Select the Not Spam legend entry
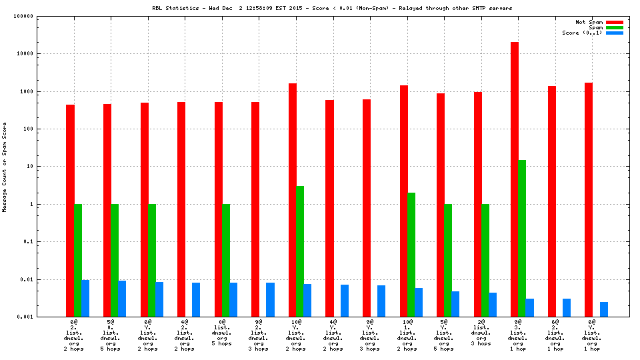click(589, 22)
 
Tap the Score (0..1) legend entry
click(583, 33)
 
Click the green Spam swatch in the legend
click(614, 27)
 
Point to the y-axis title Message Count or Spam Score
click(5, 167)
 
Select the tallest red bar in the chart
click(515, 179)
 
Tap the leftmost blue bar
click(85, 298)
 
